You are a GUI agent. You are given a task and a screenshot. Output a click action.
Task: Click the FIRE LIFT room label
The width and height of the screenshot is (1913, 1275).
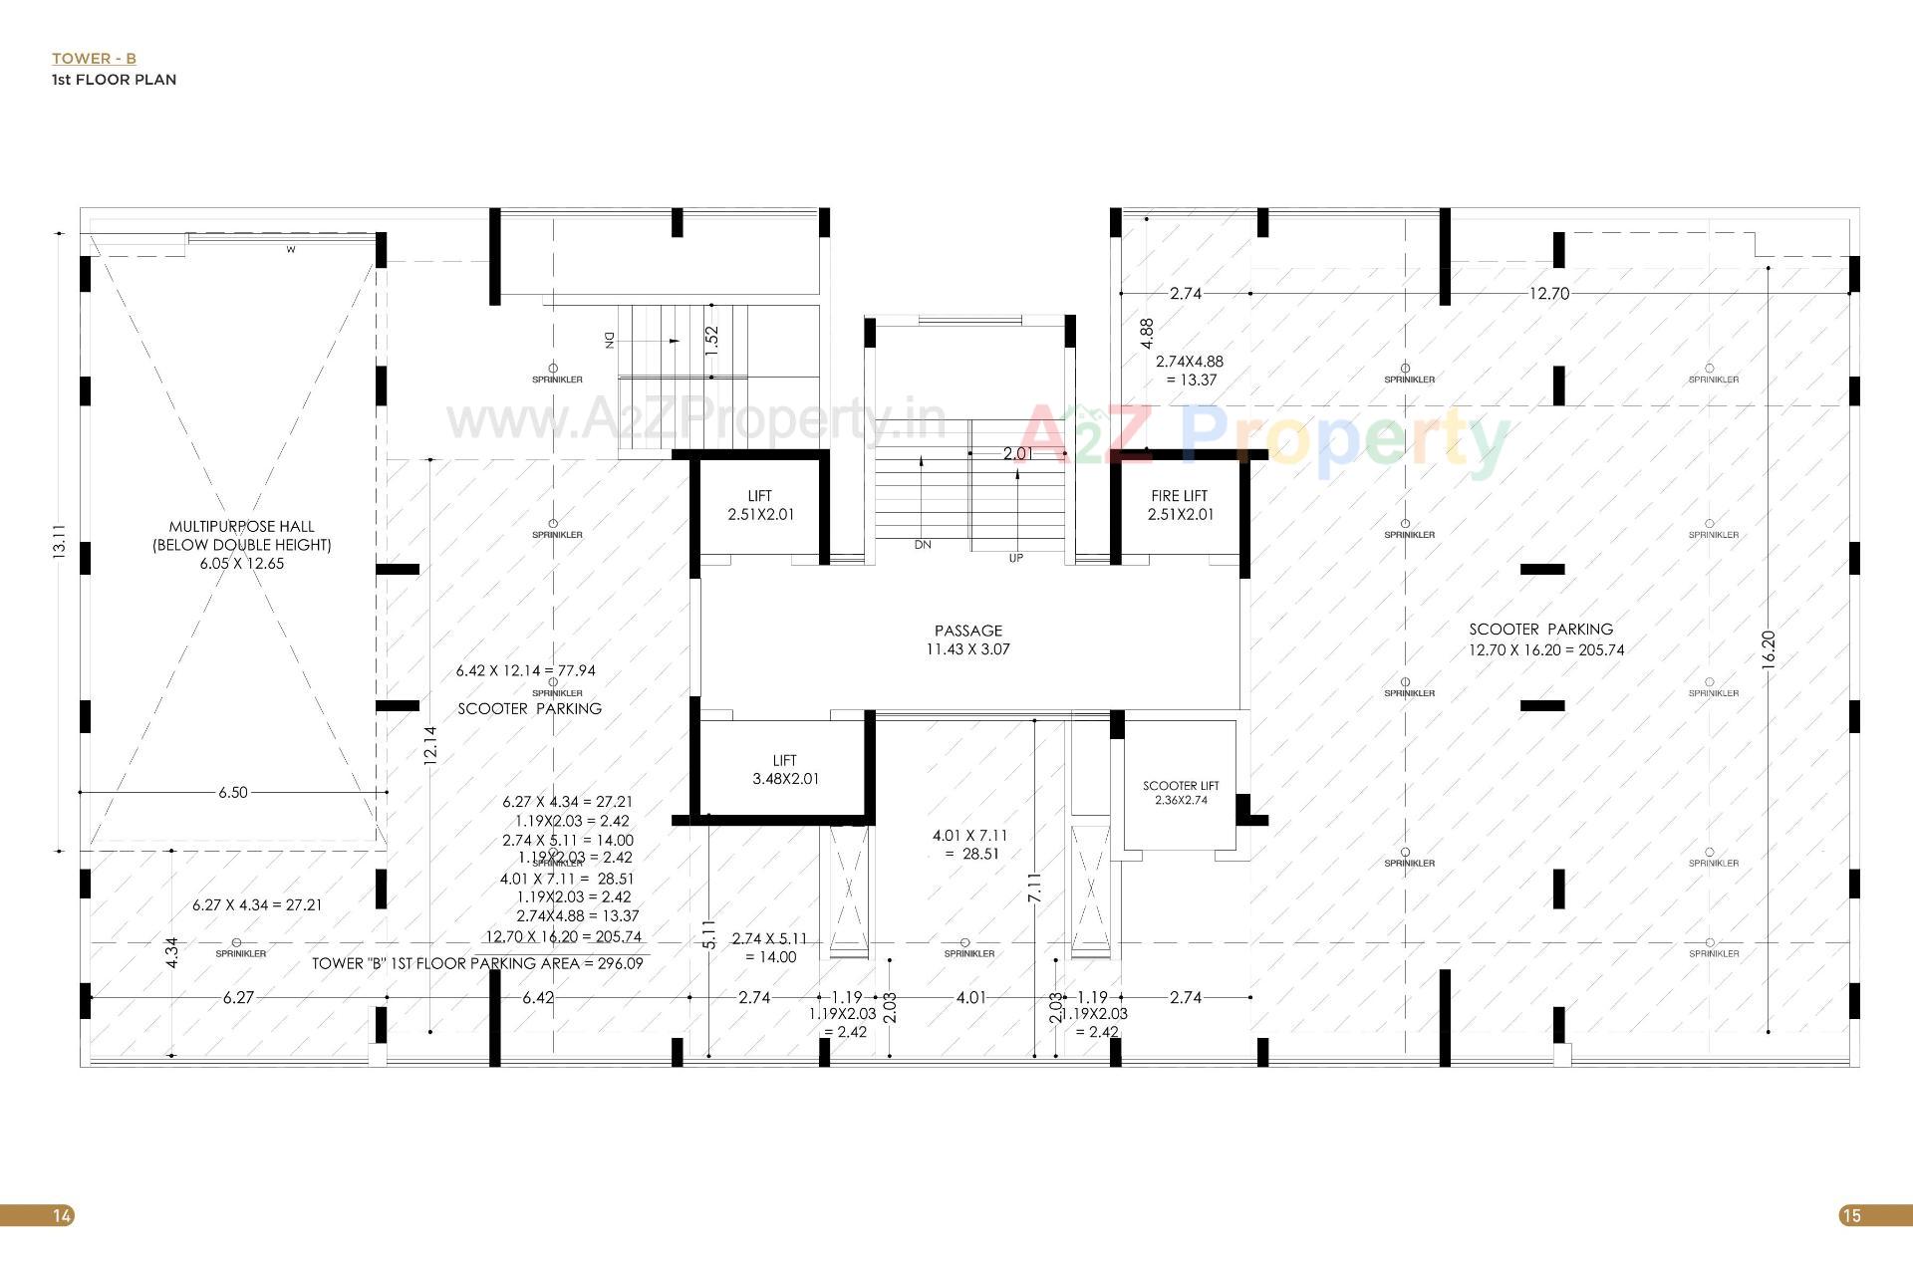1180,505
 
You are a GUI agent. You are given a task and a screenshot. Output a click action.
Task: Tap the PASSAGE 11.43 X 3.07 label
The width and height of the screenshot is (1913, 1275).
967,639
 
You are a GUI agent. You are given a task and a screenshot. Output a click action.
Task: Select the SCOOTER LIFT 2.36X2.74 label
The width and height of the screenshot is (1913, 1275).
1181,793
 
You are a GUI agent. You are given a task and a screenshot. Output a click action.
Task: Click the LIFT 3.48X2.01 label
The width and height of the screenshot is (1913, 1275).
785,770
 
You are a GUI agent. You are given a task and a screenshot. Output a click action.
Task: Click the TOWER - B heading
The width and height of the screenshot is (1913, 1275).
94,59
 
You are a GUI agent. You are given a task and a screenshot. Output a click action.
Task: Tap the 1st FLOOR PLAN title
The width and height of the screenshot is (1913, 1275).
114,80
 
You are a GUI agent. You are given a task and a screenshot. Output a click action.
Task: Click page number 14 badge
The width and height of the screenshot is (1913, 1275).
62,1215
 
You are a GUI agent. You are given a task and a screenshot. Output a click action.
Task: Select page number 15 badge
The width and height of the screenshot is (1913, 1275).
1851,1215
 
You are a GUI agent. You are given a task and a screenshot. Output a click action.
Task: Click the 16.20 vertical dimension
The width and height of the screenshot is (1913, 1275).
1769,649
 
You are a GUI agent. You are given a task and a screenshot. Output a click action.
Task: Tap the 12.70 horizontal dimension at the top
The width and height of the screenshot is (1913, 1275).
1549,293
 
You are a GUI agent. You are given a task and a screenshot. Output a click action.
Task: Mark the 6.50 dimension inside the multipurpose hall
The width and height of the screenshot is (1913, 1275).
233,792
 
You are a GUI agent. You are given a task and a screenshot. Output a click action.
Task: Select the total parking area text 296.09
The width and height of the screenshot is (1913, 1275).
477,963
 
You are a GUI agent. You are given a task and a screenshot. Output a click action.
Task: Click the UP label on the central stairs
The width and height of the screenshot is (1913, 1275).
1015,558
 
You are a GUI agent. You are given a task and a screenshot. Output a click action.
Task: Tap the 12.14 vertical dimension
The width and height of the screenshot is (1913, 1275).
430,744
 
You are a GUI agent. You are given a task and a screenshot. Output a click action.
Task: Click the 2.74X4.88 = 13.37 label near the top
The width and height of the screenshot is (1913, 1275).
1189,371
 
